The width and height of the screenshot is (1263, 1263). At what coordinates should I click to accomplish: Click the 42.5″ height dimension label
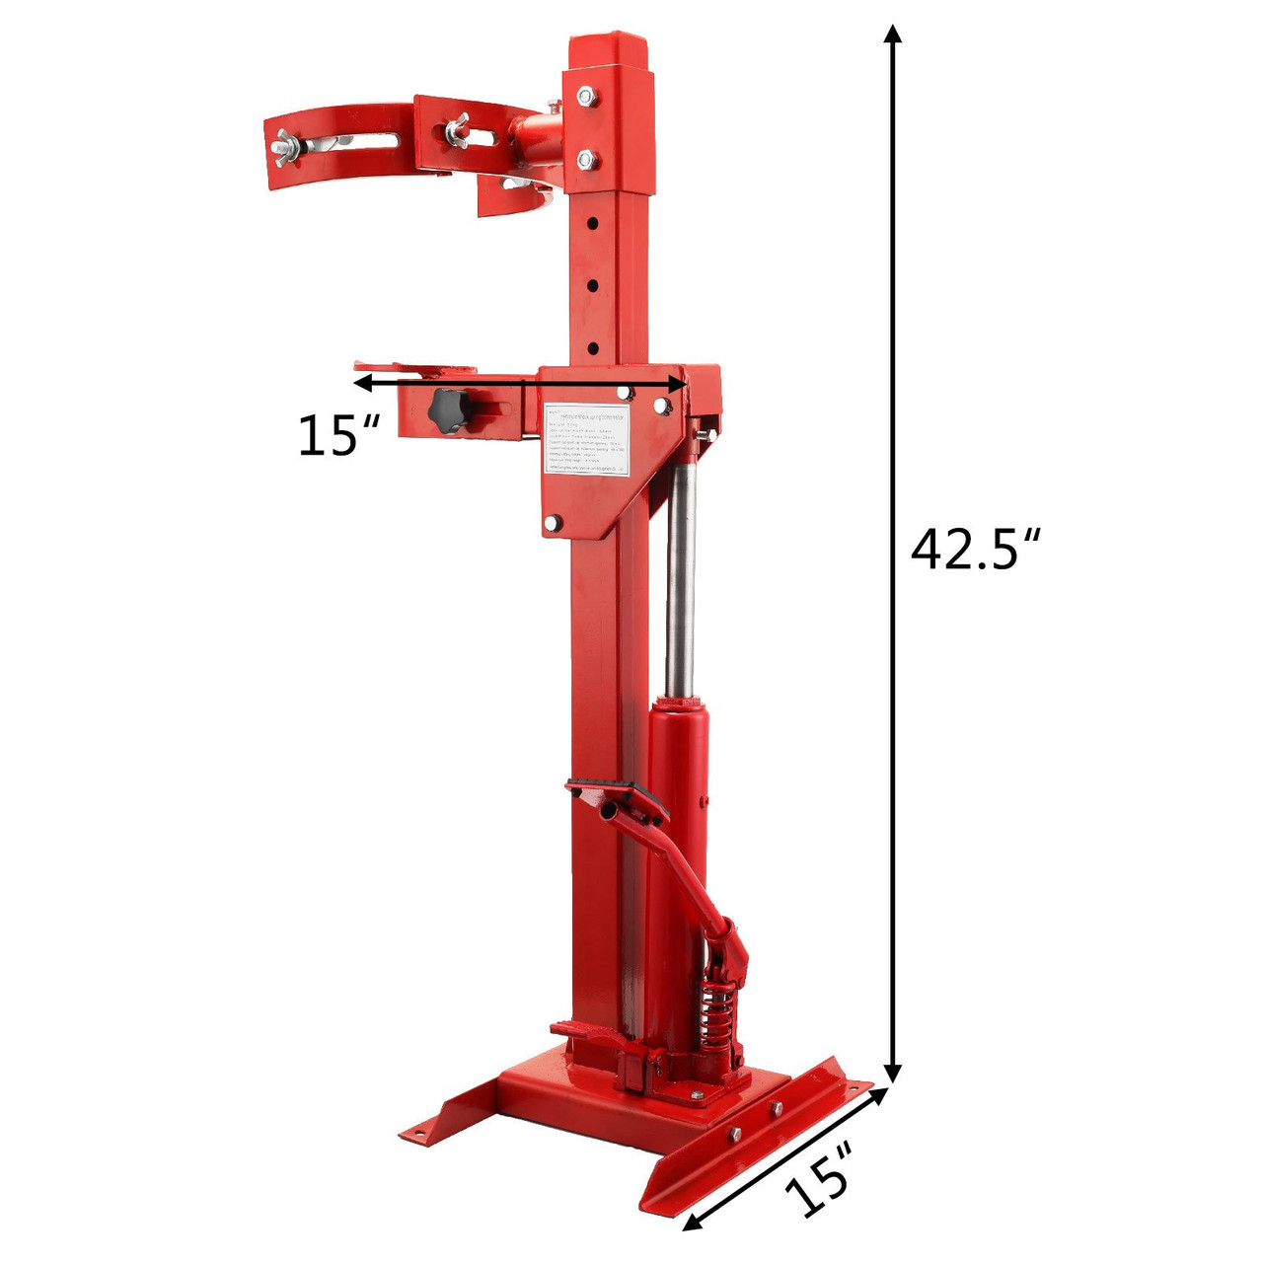[976, 550]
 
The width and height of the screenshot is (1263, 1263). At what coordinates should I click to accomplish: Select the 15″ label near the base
[818, 1181]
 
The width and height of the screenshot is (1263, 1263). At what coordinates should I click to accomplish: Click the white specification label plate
[588, 440]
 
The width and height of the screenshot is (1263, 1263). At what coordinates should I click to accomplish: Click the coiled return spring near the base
[718, 1010]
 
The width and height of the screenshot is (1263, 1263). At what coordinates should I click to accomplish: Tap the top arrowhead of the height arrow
[893, 36]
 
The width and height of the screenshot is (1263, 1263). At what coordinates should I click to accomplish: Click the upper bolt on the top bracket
[586, 97]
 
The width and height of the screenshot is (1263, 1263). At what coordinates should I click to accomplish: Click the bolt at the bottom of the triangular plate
[553, 524]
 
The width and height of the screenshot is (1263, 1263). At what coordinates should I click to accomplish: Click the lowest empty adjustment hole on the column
[593, 347]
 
